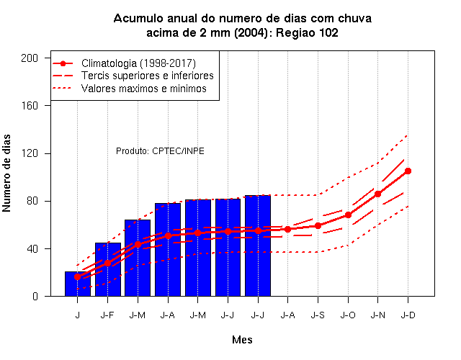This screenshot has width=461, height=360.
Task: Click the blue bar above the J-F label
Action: click(x=108, y=269)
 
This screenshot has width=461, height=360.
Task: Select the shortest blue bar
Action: click(x=78, y=284)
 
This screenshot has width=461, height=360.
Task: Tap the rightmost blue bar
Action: click(x=258, y=246)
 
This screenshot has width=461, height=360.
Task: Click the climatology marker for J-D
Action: click(x=408, y=171)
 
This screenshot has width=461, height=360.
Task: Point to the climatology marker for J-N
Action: click(x=377, y=194)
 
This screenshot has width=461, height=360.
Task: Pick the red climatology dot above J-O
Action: click(x=348, y=215)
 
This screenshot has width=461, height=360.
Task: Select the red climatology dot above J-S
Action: click(x=318, y=225)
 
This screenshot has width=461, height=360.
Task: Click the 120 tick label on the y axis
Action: click(x=30, y=153)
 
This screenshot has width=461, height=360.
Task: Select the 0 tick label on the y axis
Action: click(x=35, y=296)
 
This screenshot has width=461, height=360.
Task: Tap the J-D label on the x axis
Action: click(x=408, y=315)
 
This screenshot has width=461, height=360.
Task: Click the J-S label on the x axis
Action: click(x=318, y=315)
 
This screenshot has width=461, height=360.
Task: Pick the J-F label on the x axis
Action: click(x=107, y=315)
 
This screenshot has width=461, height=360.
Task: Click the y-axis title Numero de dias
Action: click(x=6, y=174)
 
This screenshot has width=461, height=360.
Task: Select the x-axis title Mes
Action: click(x=242, y=340)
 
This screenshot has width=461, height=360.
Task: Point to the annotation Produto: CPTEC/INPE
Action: click(x=160, y=151)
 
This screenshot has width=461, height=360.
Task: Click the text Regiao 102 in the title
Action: click(x=307, y=32)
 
